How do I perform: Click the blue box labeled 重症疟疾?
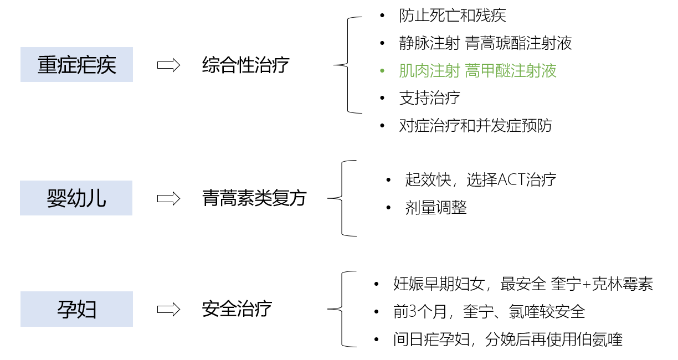[x=76, y=65]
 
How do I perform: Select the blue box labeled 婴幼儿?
[x=76, y=198]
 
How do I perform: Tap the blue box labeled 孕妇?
[x=76, y=309]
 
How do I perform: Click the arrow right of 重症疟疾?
[x=169, y=65]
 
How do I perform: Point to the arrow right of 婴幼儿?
[x=169, y=198]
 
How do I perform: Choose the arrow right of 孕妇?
[x=169, y=310]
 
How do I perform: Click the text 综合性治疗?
[x=245, y=65]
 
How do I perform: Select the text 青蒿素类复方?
[x=254, y=198]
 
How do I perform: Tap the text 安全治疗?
[x=237, y=309]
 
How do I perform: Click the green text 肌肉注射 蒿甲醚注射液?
[x=477, y=71]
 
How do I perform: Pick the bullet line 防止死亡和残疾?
[x=453, y=16]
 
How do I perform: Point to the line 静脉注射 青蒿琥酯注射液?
[x=485, y=43]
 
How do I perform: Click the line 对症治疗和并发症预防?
[x=475, y=126]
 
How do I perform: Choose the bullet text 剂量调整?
[x=436, y=208]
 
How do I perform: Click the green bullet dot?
[x=382, y=71]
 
